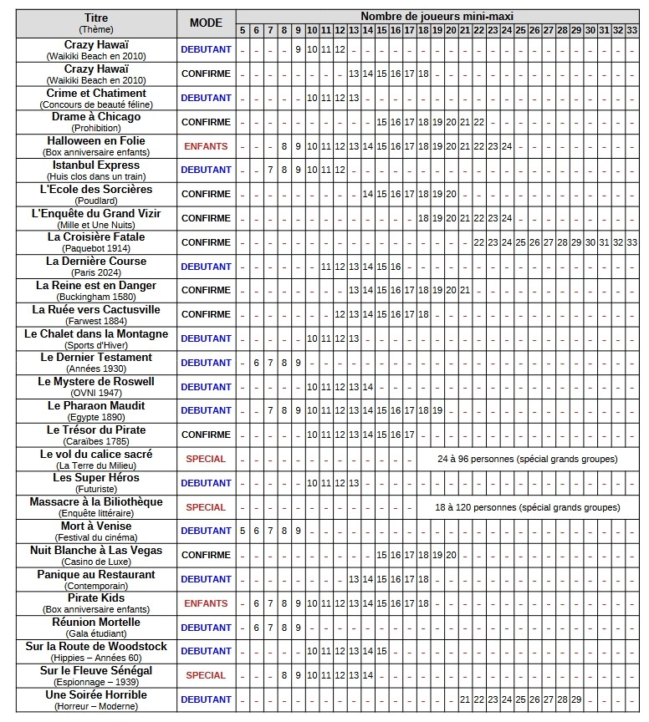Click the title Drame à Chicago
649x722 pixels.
tap(96, 117)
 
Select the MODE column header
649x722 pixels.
tap(206, 23)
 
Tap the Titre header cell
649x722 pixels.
tap(96, 18)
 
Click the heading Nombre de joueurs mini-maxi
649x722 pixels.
tap(437, 16)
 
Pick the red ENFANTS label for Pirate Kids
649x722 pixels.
tap(206, 603)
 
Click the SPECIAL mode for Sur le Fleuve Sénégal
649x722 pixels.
tap(206, 675)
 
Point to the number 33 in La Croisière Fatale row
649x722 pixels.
tap(631, 242)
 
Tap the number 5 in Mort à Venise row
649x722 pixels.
tap(243, 531)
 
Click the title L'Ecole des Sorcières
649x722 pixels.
tap(96, 190)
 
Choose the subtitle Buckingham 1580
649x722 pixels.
tap(96, 297)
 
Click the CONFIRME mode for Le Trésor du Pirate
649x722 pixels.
tap(206, 435)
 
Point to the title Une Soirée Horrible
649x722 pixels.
tap(96, 694)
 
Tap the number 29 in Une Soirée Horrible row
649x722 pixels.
tap(576, 699)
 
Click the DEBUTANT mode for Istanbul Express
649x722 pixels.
tap(206, 170)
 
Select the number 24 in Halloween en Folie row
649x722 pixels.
tap(506, 146)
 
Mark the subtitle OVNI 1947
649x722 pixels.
tap(96, 393)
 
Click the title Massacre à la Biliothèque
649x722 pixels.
tap(96, 502)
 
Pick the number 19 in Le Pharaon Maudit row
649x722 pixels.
tap(437, 410)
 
